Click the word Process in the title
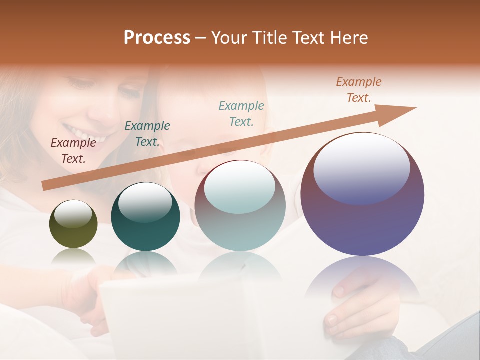(x=157, y=38)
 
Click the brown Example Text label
(x=73, y=151)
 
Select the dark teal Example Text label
(x=147, y=134)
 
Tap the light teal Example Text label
(x=241, y=113)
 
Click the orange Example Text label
(x=359, y=90)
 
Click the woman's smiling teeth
(x=90, y=135)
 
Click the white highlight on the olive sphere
(x=73, y=214)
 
